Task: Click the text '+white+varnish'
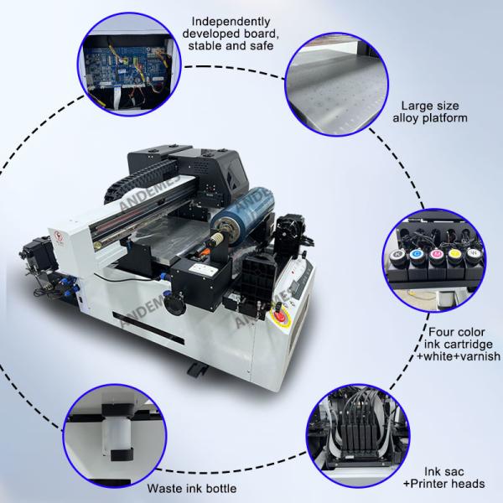tap(458, 356)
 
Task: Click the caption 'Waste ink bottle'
tap(190, 488)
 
